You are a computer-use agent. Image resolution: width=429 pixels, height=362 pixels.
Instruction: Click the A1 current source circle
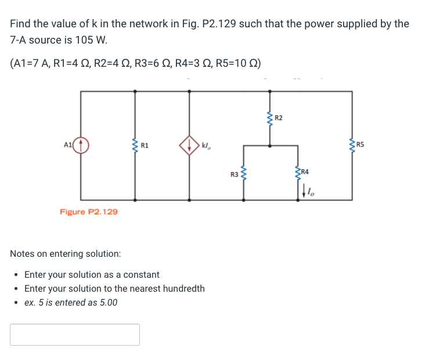coord(81,145)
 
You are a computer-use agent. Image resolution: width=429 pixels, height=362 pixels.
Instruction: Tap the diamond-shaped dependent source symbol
coord(190,145)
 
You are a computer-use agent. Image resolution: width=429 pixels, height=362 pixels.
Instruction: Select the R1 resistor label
coord(145,145)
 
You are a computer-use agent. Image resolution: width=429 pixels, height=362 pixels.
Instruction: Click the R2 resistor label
coord(279,119)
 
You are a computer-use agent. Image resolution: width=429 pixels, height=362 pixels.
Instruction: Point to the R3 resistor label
coord(234,174)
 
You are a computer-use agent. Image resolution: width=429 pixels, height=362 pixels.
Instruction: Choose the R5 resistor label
coord(360,144)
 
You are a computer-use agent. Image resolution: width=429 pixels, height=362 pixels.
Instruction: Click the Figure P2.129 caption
coord(89,212)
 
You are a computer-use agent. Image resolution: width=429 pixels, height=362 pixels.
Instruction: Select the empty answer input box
coord(75,335)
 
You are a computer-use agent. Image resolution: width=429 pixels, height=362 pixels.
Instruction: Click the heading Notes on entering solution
coord(66,254)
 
